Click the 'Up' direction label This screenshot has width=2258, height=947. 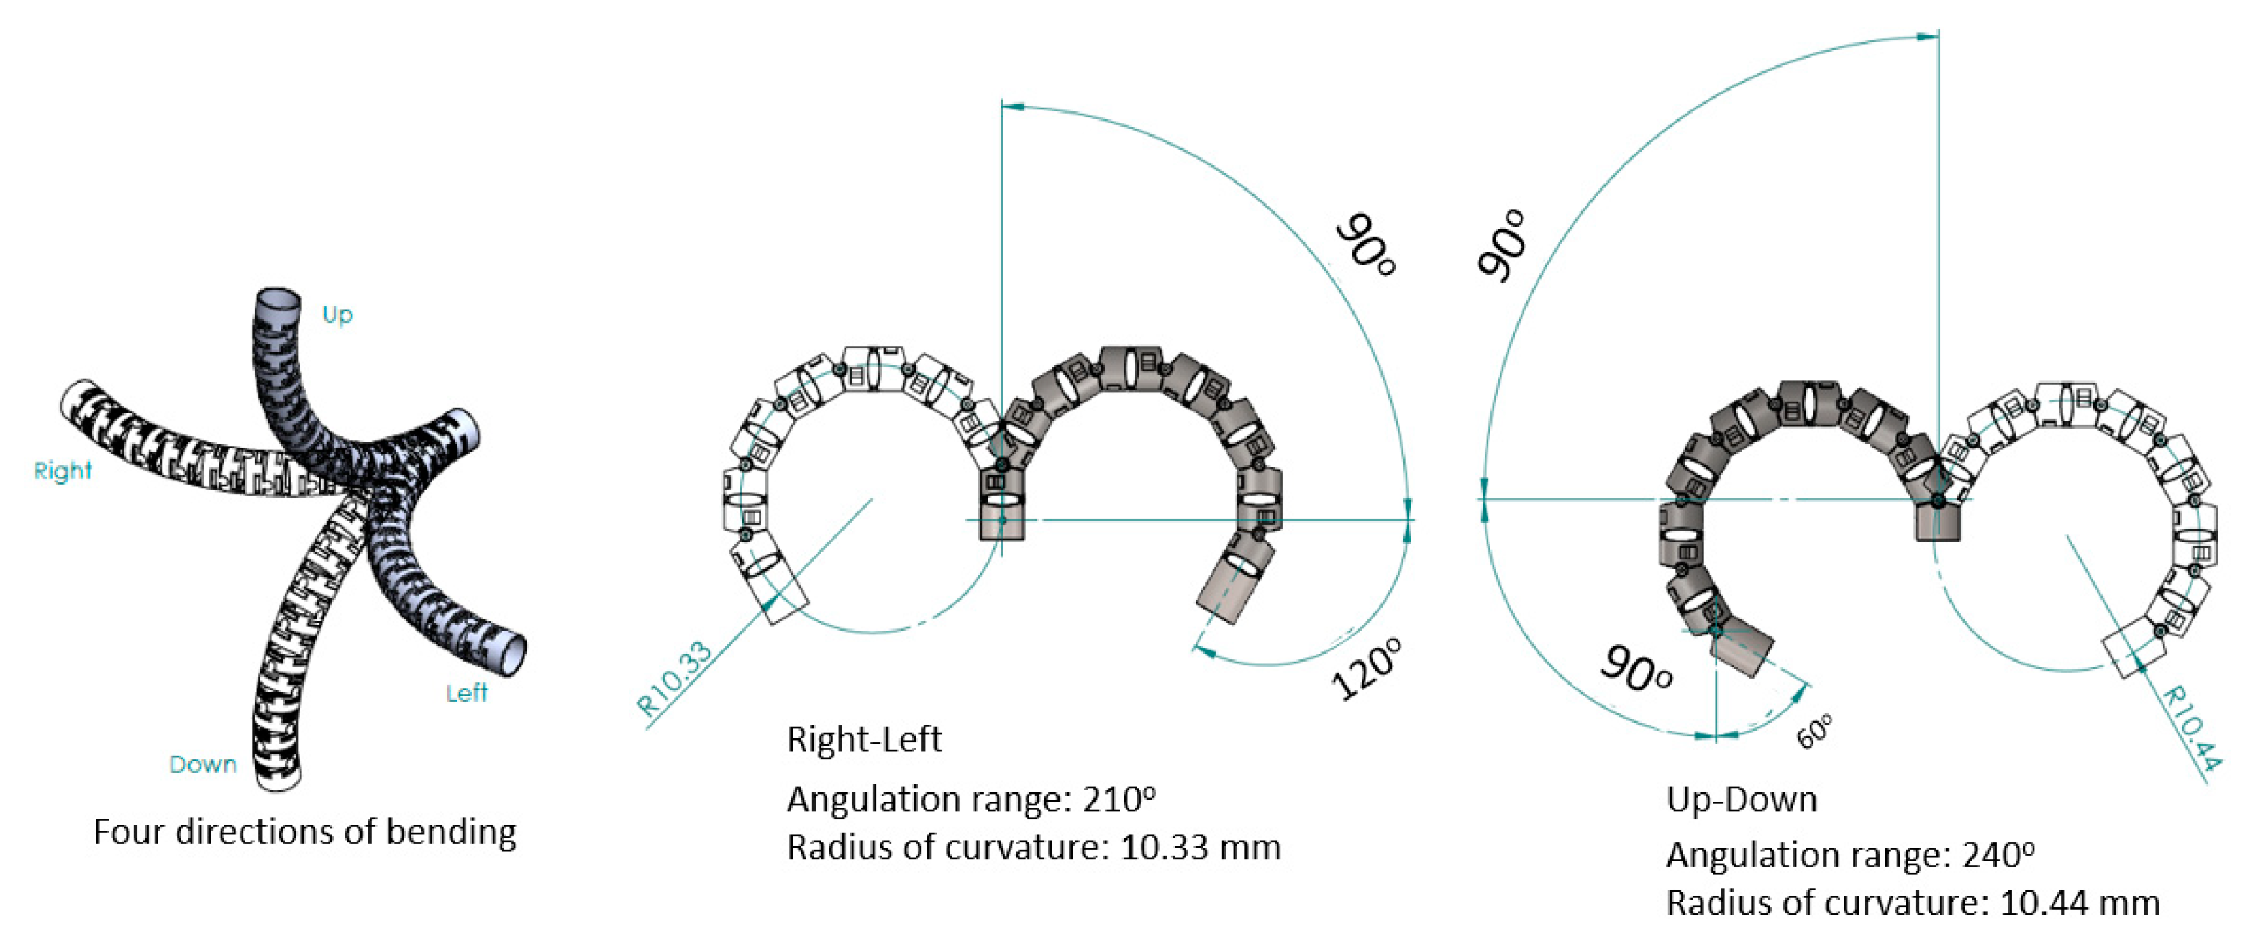pos(337,314)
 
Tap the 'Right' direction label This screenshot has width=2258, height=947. pos(63,470)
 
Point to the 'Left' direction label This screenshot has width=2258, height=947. pos(466,693)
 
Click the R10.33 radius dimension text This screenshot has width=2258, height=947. pos(673,680)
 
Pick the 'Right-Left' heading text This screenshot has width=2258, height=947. pos(863,739)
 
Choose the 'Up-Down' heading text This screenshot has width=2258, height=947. pos(1741,799)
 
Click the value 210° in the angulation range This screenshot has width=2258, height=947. pos(1119,799)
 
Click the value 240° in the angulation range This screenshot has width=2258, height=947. pos(1998,854)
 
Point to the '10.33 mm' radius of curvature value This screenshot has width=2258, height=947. pos(1200,847)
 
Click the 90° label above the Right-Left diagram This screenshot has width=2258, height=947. pos(1365,244)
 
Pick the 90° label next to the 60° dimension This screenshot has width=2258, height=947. pos(1636,669)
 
